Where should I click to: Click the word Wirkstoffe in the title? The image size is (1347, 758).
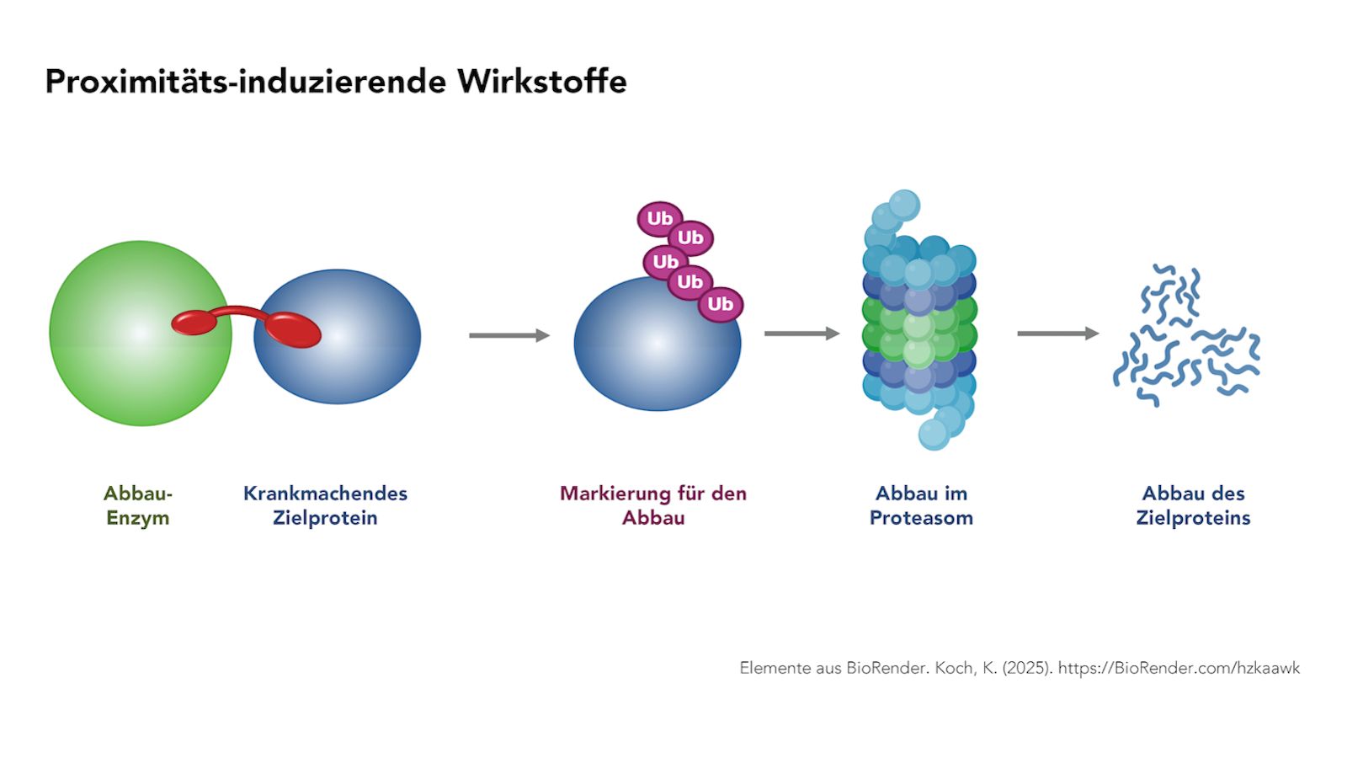click(x=542, y=81)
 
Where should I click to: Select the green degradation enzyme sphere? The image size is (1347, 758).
click(x=140, y=334)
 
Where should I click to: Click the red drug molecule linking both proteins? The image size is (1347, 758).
click(x=246, y=327)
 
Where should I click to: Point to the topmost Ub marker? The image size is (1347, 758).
click(x=660, y=218)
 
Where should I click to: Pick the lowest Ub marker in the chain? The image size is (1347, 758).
click(x=721, y=304)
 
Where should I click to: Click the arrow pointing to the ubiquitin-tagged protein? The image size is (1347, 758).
click(x=509, y=335)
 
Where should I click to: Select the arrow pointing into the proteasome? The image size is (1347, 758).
click(x=802, y=334)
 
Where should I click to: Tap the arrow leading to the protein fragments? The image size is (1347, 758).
click(x=1057, y=334)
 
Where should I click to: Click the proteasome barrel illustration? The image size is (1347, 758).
click(x=918, y=320)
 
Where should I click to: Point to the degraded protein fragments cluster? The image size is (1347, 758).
click(x=1186, y=335)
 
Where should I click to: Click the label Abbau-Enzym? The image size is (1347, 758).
click(x=138, y=505)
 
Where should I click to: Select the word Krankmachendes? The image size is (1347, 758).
click(x=325, y=494)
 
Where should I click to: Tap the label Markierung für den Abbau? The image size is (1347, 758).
click(x=653, y=505)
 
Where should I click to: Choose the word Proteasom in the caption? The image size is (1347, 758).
click(x=921, y=518)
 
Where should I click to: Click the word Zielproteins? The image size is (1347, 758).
click(x=1193, y=518)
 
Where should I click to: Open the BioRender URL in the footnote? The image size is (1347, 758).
click(x=1179, y=668)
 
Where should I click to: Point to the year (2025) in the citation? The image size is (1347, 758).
click(x=1027, y=668)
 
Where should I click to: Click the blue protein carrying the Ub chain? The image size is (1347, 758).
click(x=658, y=344)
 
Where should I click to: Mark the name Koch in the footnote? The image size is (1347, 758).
click(x=956, y=668)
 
